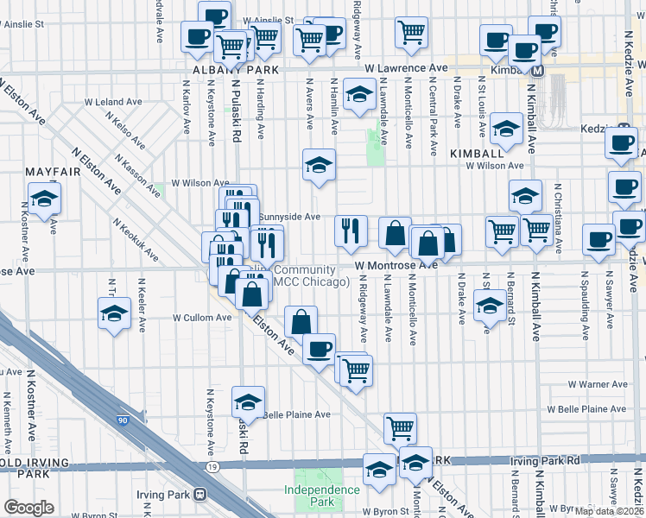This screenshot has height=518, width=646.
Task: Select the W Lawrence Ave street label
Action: (406, 67)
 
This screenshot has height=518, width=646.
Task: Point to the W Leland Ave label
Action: (113, 102)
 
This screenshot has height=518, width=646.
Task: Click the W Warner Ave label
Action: (596, 384)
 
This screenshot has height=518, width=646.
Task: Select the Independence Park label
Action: (322, 496)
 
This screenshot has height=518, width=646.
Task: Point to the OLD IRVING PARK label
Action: (23, 467)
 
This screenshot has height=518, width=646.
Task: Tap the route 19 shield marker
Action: (212, 467)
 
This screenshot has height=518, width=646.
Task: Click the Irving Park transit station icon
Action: (200, 495)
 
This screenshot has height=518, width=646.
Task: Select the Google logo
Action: (28, 508)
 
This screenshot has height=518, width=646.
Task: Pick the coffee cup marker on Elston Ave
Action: (320, 348)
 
